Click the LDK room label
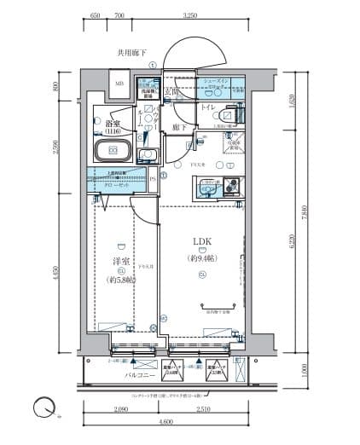[x=201, y=240]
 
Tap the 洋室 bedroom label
[x=121, y=261]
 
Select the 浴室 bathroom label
[x=113, y=124]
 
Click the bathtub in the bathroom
[x=113, y=152]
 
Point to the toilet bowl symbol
[x=229, y=115]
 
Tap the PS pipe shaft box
[x=154, y=178]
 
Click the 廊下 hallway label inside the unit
[x=179, y=127]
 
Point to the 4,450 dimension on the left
[x=55, y=275]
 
